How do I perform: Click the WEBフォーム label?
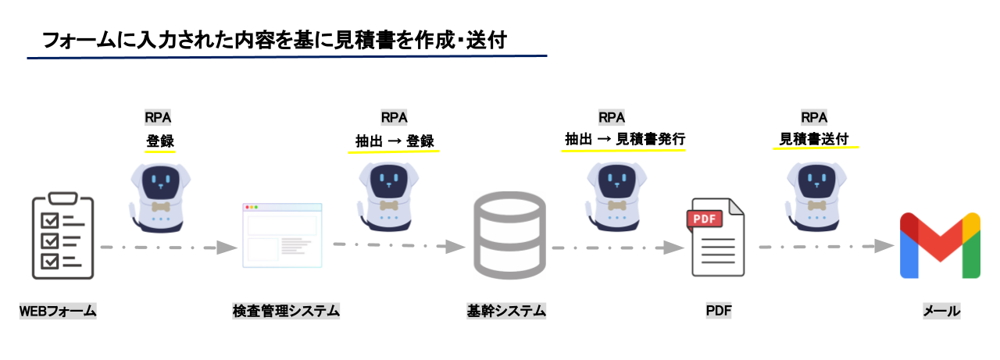pos(58,312)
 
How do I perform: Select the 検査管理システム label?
pos(286,312)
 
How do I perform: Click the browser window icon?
pos(281,235)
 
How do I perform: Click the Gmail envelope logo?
pos(940,245)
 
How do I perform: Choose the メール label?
pos(941,312)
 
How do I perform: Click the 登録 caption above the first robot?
pos(159,141)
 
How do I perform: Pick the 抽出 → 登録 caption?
pos(394,141)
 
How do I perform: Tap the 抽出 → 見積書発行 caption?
pos(624,140)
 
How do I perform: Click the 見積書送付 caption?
pos(815,140)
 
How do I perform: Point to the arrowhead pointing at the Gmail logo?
pos(884,245)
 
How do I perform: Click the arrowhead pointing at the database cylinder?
pos(456,247)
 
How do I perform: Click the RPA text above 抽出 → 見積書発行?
pos(611,118)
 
